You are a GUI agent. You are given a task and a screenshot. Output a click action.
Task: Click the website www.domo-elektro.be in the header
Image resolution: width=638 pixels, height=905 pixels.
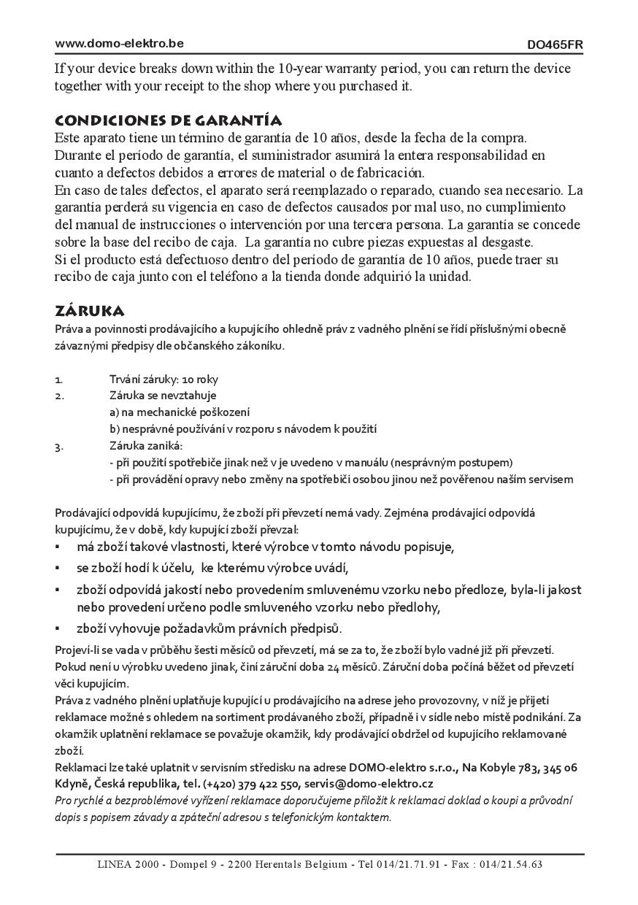tap(119, 43)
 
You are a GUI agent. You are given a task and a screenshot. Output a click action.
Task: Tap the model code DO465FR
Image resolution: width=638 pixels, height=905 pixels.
tap(555, 45)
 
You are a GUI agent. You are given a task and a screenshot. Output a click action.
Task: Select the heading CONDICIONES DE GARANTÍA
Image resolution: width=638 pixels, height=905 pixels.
tap(169, 120)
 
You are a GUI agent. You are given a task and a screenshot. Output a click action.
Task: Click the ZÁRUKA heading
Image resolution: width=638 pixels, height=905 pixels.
tap(90, 312)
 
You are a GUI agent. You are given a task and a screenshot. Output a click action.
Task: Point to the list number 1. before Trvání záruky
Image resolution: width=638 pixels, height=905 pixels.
tap(58, 380)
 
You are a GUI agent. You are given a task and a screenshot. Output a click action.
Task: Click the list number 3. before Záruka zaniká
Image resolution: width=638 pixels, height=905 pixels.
tap(58, 446)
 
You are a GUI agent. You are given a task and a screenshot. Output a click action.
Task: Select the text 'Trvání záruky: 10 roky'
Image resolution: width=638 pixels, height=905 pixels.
tap(164, 380)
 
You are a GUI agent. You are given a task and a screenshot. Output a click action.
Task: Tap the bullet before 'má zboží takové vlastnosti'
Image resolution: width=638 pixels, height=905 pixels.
tap(58, 547)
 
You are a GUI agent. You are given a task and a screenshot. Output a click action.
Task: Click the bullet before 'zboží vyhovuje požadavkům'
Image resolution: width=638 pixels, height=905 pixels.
tap(58, 628)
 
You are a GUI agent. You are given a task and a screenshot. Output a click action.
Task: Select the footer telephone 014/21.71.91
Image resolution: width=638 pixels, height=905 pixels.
tap(408, 865)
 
